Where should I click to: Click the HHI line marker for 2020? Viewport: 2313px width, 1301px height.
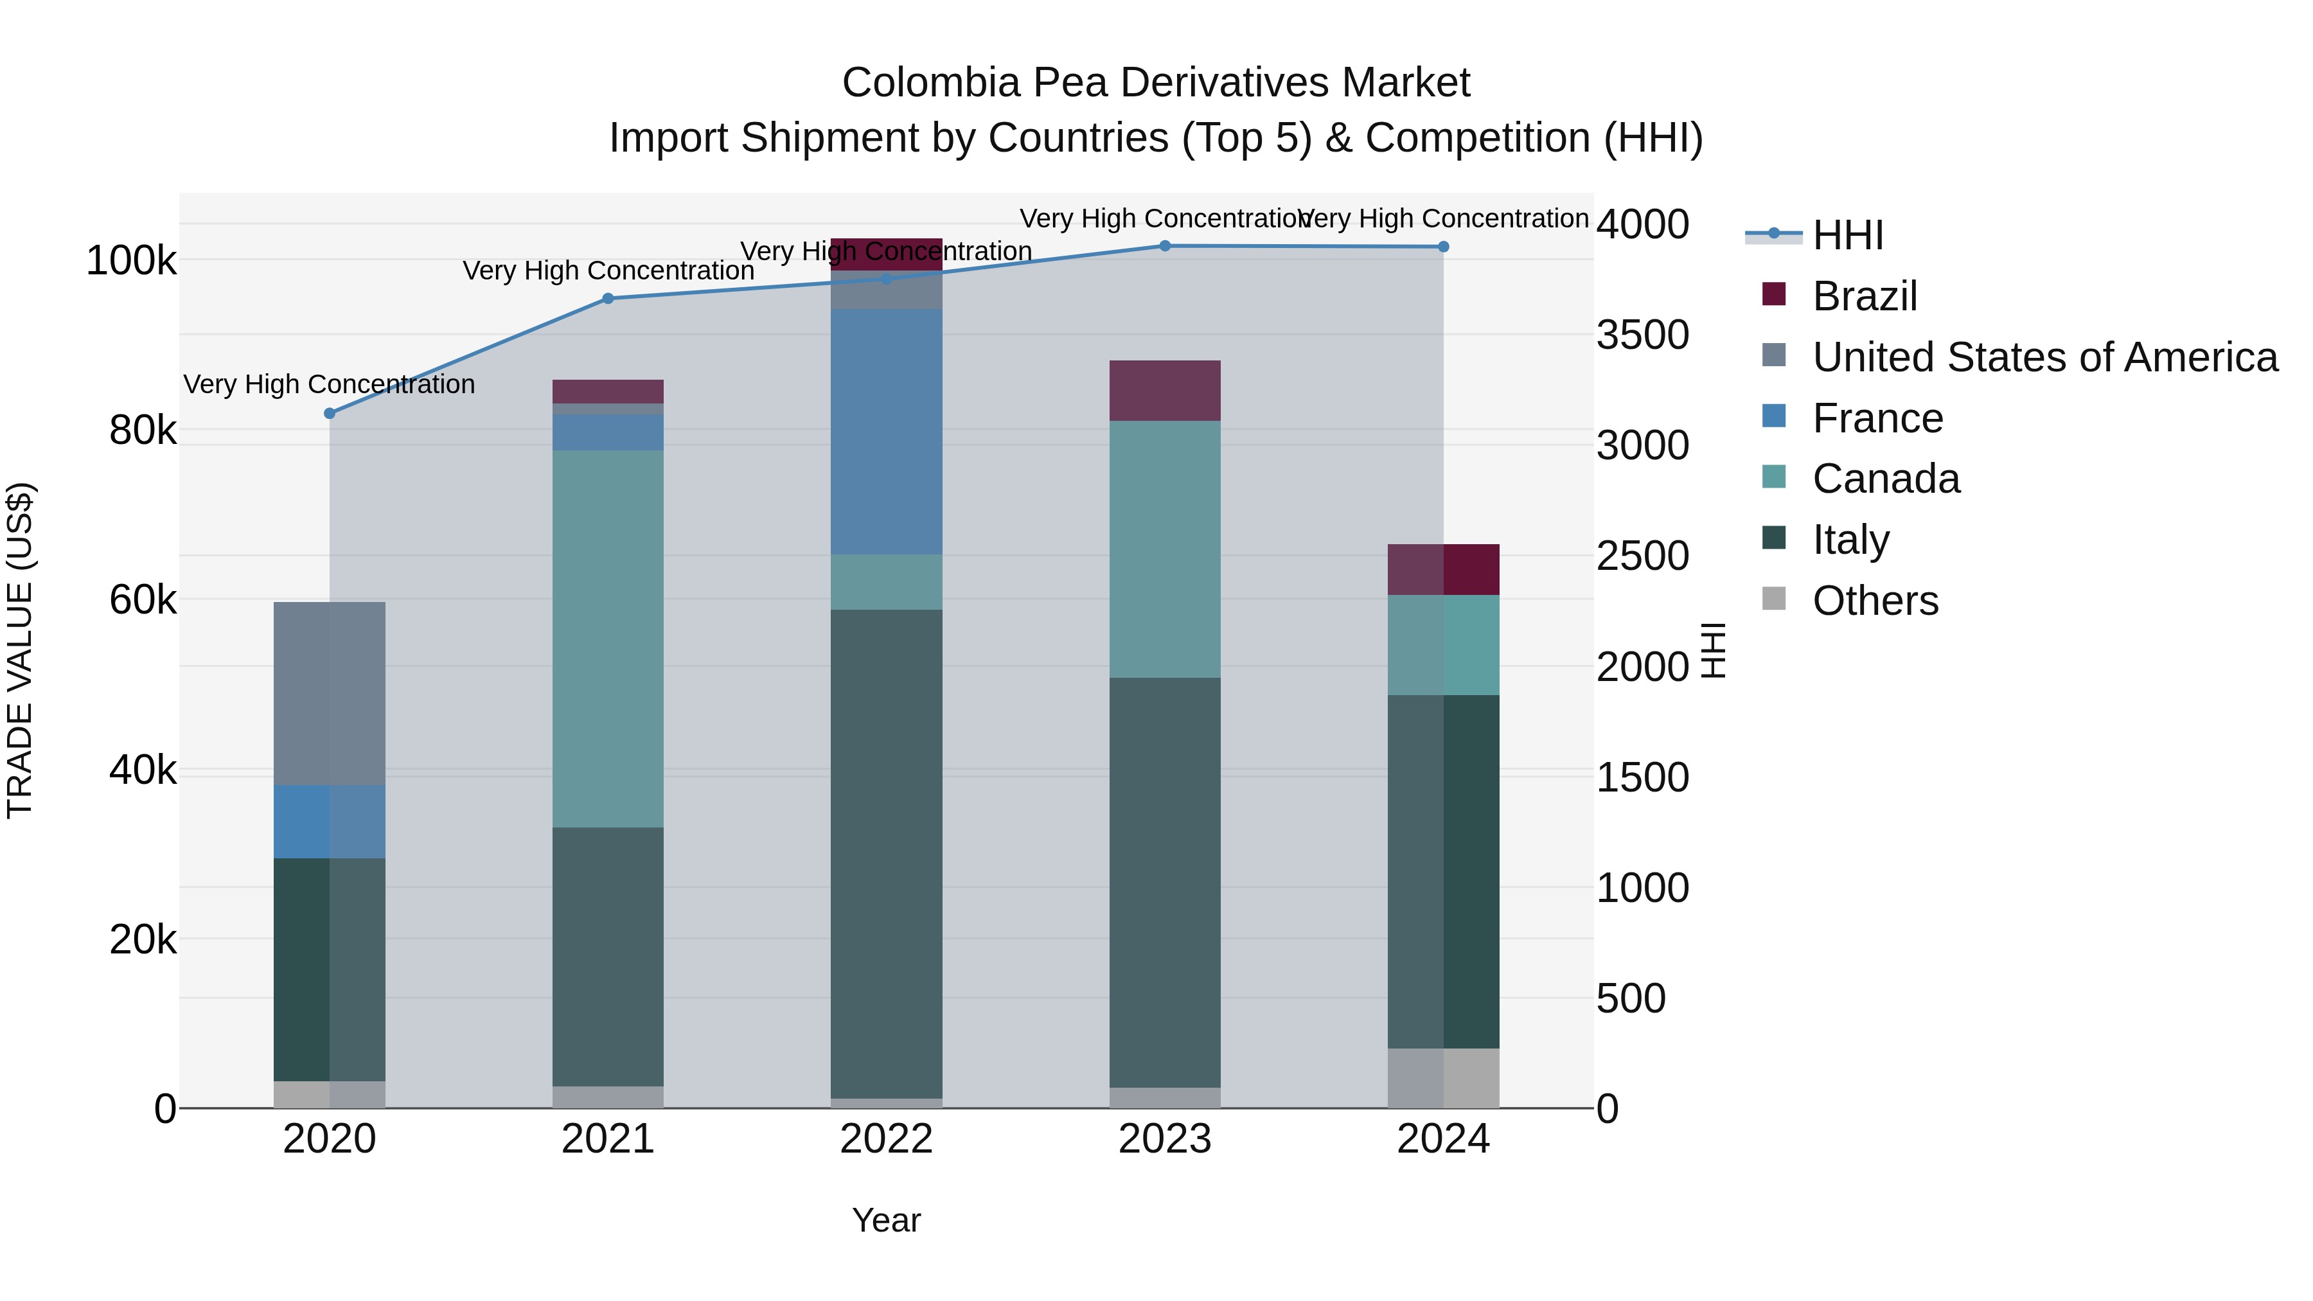coord(330,413)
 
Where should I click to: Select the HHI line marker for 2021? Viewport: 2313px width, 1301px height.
coord(608,298)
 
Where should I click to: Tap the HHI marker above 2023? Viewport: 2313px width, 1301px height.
coord(1165,245)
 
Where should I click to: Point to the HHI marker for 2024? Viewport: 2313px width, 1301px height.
coord(1443,246)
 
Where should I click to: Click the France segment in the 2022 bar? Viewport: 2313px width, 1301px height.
coord(886,431)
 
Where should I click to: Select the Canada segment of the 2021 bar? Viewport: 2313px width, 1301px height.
coord(608,637)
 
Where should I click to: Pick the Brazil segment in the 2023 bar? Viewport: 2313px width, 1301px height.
coord(1165,391)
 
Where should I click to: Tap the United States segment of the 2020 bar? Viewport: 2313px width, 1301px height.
coord(330,693)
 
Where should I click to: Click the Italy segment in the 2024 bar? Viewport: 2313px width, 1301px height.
coord(1444,871)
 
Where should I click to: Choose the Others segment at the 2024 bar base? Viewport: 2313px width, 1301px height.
coord(1444,1077)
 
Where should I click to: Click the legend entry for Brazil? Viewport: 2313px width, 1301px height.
coord(1864,296)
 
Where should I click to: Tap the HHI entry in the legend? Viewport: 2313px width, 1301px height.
coord(1847,235)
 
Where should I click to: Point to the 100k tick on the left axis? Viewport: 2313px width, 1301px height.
coord(131,261)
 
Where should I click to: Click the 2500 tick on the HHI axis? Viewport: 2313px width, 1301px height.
coord(1642,556)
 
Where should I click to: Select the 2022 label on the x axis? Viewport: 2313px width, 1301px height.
coord(886,1139)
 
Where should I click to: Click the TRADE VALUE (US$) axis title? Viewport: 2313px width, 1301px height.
coord(20,650)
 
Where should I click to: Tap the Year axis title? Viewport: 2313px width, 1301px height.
coord(886,1220)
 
